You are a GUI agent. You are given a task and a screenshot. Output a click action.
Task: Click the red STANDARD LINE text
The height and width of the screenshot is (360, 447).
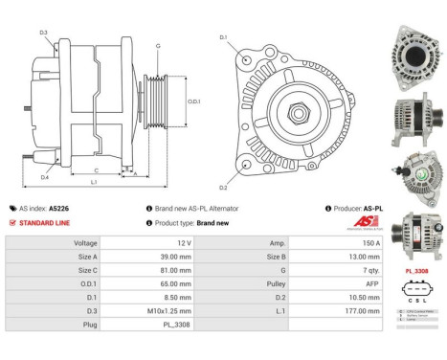click(x=46, y=222)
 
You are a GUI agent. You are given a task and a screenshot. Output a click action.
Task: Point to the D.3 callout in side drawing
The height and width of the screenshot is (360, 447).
click(x=44, y=33)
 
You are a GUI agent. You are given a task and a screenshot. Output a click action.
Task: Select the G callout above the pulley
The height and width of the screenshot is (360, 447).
click(x=157, y=45)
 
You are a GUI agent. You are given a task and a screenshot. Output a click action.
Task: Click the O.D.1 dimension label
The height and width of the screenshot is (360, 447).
click(x=192, y=101)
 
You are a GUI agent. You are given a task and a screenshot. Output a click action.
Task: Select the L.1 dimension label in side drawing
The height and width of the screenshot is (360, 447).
click(x=94, y=181)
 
